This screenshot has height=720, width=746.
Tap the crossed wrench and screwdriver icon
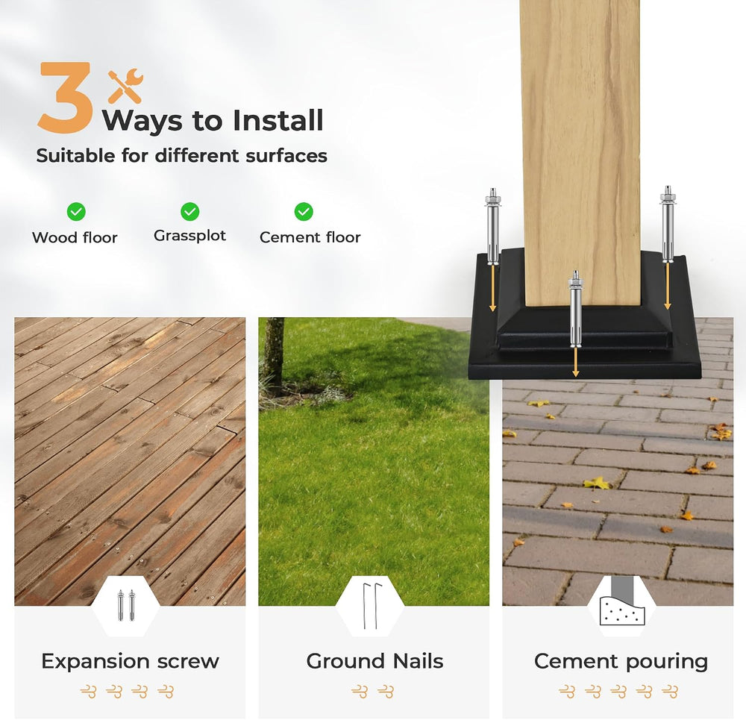[x=125, y=86]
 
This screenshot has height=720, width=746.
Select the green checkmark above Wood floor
[x=76, y=211]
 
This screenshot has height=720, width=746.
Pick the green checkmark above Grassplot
[x=189, y=211]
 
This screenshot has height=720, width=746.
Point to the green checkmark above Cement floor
[x=304, y=211]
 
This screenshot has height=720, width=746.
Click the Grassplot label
[x=189, y=236]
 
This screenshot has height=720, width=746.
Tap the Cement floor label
[x=310, y=237]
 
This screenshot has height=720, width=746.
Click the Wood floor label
[x=75, y=237]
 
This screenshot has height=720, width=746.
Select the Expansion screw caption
[x=131, y=662]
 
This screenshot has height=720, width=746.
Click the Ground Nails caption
[x=375, y=661]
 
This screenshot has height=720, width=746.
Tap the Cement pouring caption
[x=621, y=662]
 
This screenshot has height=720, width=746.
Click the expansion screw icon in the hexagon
[x=126, y=605]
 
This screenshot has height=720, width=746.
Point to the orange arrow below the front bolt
[x=576, y=362]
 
